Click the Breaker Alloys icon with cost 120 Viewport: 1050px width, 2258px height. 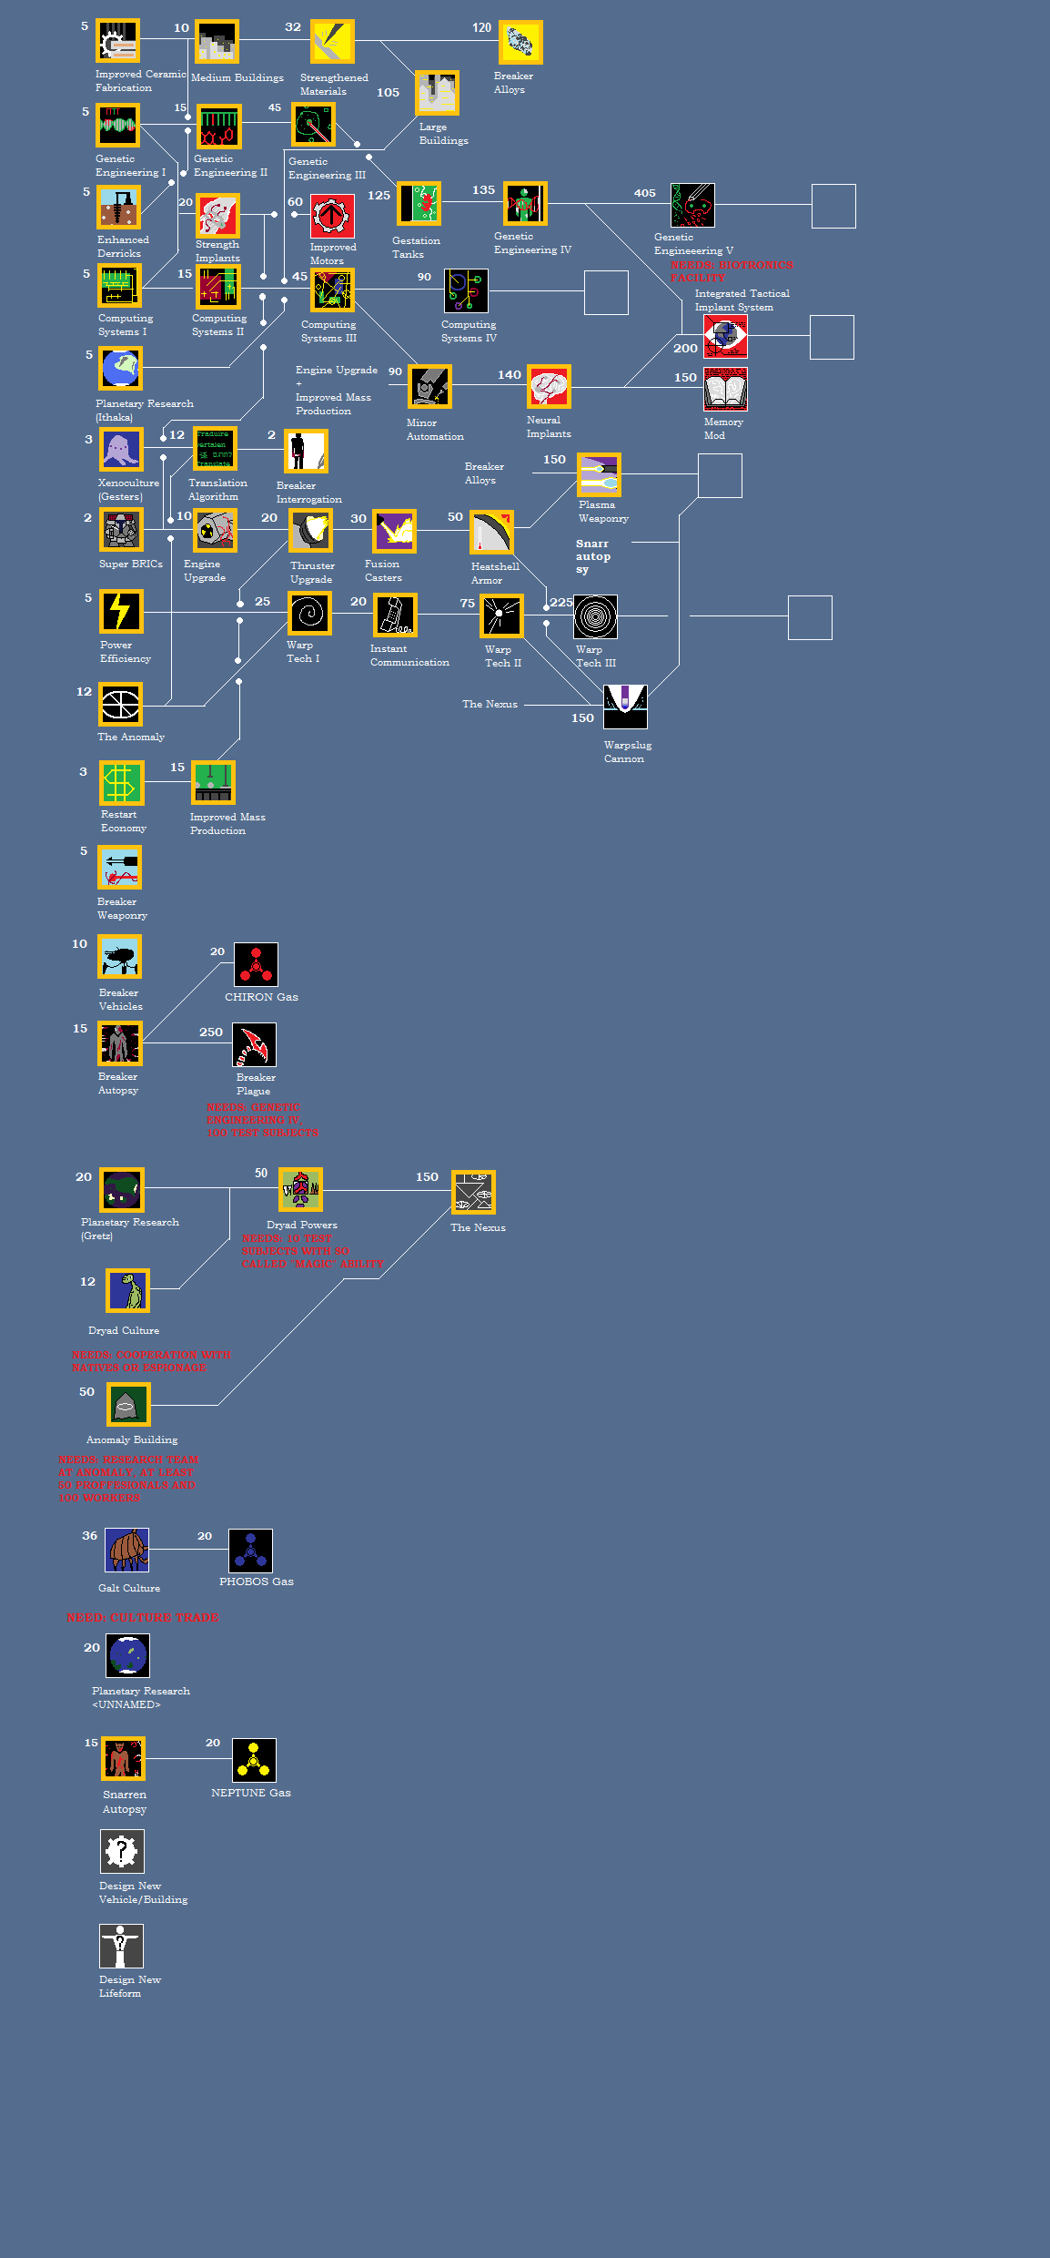click(x=520, y=43)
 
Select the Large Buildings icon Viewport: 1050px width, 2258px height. click(x=438, y=93)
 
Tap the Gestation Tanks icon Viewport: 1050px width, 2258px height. click(x=419, y=204)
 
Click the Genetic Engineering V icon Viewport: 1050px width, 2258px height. click(x=692, y=206)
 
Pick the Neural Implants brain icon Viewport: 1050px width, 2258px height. click(x=549, y=387)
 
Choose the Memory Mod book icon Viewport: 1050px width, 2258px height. click(x=725, y=390)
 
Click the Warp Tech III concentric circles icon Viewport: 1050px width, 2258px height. click(x=596, y=616)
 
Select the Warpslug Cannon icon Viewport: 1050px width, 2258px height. click(x=625, y=707)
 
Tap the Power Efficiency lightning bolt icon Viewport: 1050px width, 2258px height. click(x=121, y=611)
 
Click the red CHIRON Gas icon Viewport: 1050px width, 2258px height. click(x=256, y=964)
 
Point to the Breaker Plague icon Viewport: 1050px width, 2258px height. click(x=254, y=1044)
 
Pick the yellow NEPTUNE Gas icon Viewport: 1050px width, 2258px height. click(x=254, y=1761)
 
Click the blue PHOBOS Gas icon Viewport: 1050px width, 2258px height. click(x=250, y=1551)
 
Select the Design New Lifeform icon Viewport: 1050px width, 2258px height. click(x=121, y=1946)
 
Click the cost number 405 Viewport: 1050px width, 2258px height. click(x=645, y=193)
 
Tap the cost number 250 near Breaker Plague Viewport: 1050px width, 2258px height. click(x=211, y=1032)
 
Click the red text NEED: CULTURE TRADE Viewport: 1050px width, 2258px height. click(x=142, y=1618)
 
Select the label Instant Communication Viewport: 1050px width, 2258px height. click(x=409, y=656)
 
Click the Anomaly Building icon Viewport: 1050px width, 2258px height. click(x=128, y=1405)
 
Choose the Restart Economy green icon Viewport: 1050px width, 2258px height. click(x=121, y=783)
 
